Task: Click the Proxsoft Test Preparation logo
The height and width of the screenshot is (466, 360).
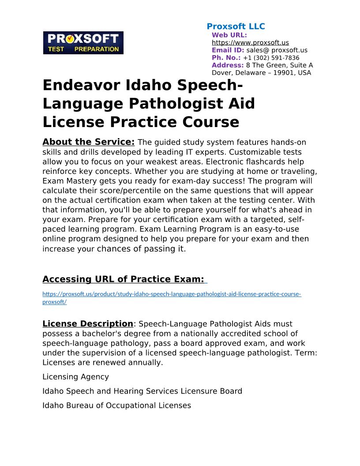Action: click(83, 43)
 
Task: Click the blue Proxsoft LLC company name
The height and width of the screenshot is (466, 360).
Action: click(236, 26)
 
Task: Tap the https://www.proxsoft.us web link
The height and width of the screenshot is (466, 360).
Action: click(250, 43)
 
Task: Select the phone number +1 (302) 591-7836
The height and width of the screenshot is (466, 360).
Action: click(271, 58)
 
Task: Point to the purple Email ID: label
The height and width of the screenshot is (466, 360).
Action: click(228, 50)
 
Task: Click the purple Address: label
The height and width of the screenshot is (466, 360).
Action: click(228, 65)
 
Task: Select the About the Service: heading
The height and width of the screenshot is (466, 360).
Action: click(88, 142)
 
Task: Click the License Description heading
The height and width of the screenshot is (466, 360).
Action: click(87, 324)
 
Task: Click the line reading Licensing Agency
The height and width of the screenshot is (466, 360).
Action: click(75, 377)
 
